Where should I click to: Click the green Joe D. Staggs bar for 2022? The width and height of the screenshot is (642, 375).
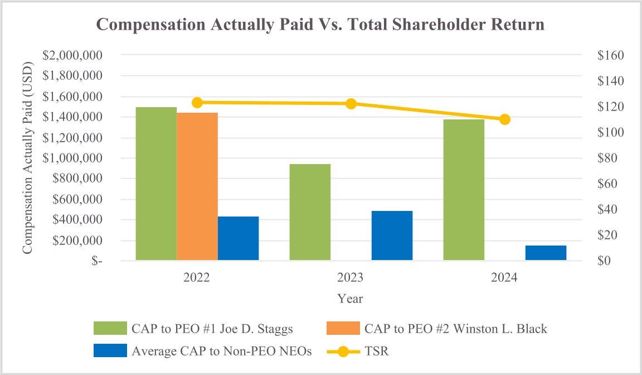156,184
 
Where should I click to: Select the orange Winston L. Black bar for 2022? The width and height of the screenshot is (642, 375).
197,186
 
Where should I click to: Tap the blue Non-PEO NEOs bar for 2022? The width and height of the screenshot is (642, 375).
238,238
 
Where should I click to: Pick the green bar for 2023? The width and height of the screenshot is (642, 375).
310,212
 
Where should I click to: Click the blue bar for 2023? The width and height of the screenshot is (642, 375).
392,235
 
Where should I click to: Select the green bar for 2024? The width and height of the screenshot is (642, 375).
464,190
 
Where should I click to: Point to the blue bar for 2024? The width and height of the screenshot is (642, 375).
546,253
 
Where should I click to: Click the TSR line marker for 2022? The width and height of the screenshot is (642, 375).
197,103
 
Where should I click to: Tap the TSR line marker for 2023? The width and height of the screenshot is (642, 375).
351,104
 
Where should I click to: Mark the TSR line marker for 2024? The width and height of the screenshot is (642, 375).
505,119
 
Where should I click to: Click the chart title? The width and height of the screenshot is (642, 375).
320,25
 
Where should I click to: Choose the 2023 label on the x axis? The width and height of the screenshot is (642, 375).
351,278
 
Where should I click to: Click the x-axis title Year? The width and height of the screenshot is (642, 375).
350,299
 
